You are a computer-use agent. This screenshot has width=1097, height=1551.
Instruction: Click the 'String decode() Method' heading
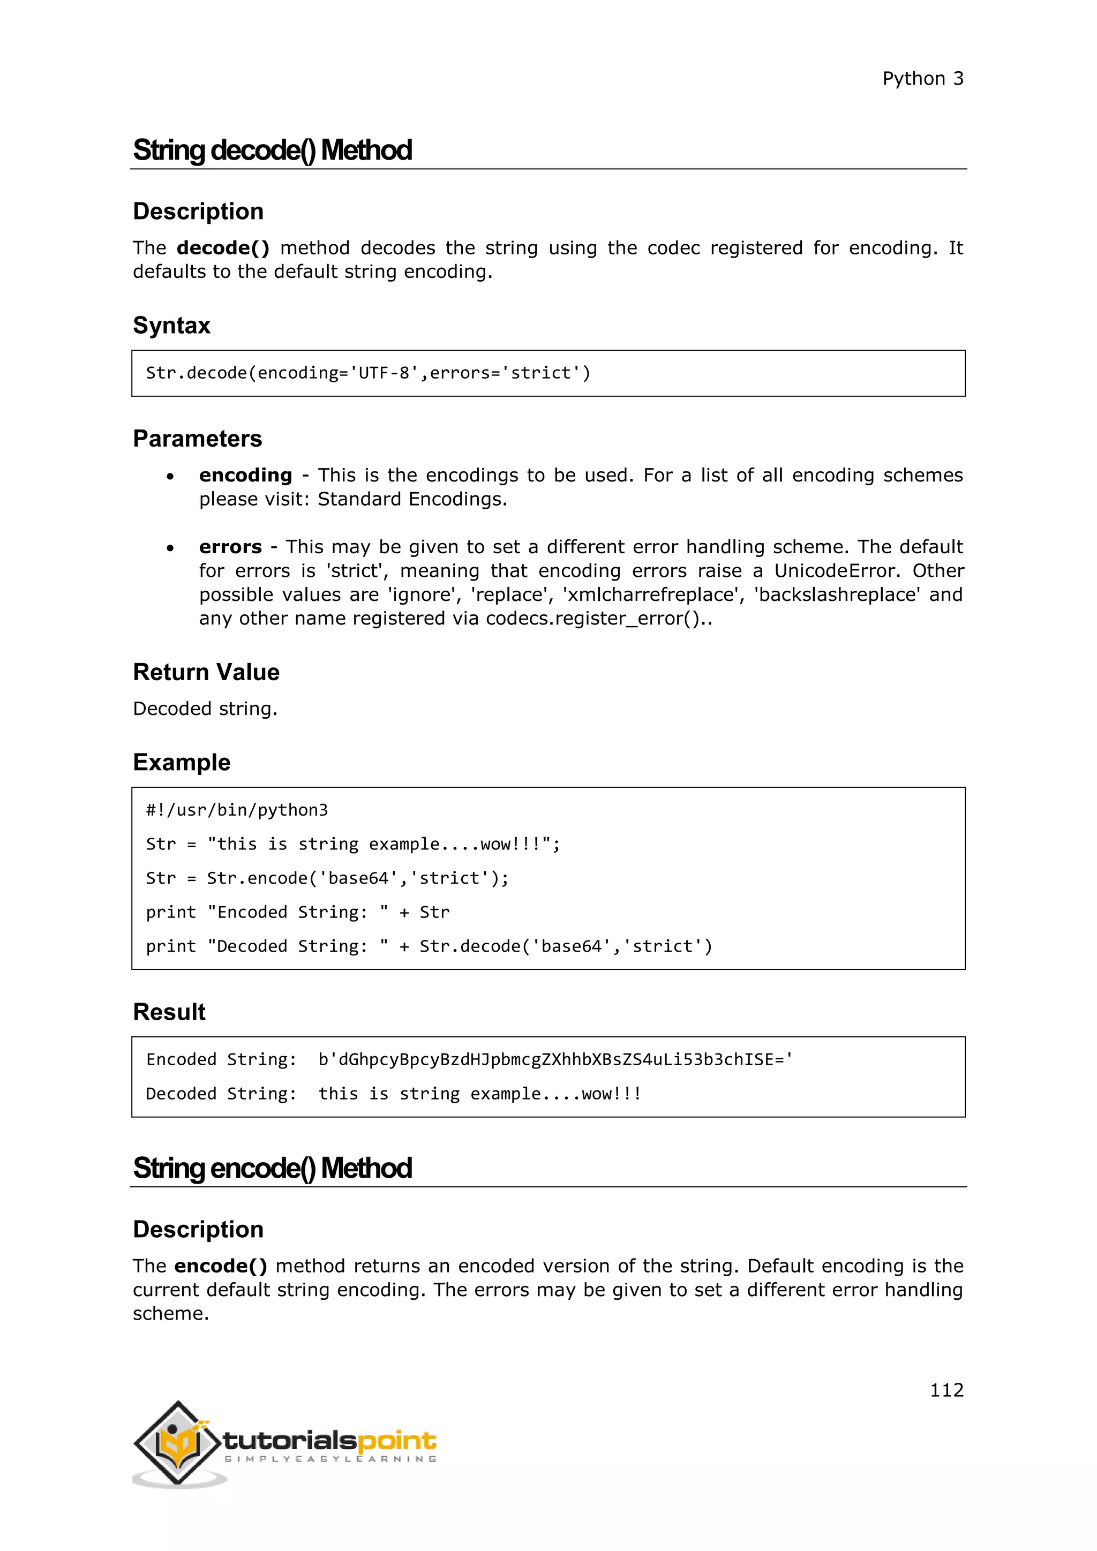pyautogui.click(x=272, y=150)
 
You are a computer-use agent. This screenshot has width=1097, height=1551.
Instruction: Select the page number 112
pyautogui.click(x=946, y=1390)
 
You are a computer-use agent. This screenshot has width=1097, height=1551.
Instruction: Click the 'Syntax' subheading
pyautogui.click(x=171, y=326)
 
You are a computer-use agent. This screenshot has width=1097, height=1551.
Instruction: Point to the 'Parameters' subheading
pyautogui.click(x=197, y=439)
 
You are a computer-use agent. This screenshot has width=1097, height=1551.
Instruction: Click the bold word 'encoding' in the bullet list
pyautogui.click(x=245, y=476)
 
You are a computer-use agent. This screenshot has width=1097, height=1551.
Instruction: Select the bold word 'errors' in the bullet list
pyautogui.click(x=230, y=547)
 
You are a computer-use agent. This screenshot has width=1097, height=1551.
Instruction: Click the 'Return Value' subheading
pyautogui.click(x=206, y=672)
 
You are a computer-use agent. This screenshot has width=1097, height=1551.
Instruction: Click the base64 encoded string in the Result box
pyautogui.click(x=555, y=1059)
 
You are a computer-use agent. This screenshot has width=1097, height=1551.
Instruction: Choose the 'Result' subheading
pyautogui.click(x=169, y=1012)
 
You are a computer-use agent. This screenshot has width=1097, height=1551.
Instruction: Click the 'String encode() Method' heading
pyautogui.click(x=272, y=1168)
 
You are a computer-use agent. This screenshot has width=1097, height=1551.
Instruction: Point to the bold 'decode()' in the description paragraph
pyautogui.click(x=223, y=249)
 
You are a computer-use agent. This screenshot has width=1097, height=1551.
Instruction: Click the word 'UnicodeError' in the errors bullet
pyautogui.click(x=836, y=571)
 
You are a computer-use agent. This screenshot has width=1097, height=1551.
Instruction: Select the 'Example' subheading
pyautogui.click(x=182, y=762)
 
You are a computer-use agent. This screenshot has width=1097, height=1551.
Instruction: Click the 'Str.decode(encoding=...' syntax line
pyautogui.click(x=368, y=373)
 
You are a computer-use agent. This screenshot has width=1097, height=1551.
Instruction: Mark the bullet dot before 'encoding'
pyautogui.click(x=170, y=477)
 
